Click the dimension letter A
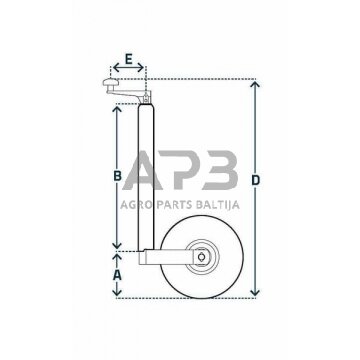click(118, 271)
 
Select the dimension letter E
click(128, 59)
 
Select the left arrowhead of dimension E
click(113, 71)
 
